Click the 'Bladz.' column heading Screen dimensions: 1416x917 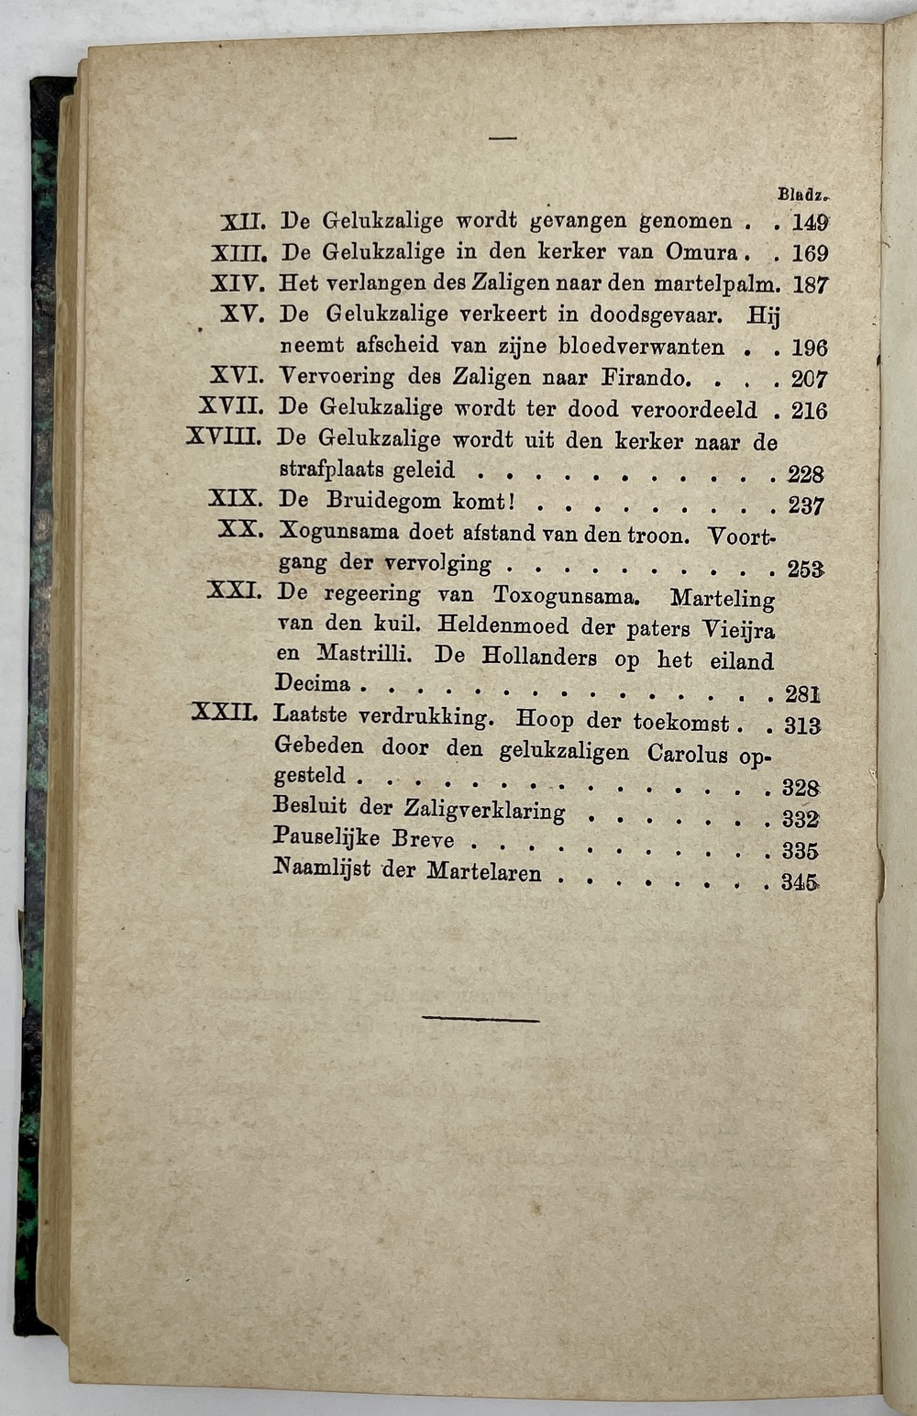802,194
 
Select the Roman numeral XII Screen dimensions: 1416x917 243,221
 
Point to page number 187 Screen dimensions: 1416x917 811,284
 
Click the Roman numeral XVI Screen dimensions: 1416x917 237,376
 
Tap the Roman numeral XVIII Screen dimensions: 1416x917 224,438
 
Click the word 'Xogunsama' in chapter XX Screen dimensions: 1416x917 337,533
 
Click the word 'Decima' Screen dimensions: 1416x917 313,683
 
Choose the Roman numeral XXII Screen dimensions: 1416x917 227,713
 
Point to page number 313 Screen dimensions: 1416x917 801,725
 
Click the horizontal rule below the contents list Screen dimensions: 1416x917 482,1018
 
